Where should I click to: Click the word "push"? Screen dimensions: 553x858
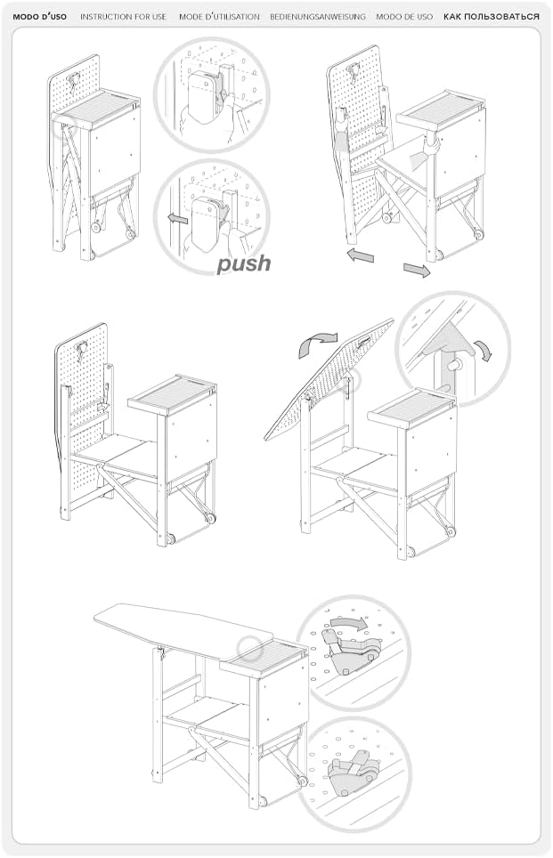tap(244, 263)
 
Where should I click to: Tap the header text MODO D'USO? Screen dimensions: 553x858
tap(39, 17)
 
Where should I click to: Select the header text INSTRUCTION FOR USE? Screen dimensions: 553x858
tap(123, 17)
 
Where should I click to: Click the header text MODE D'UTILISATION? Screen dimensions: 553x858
tap(219, 17)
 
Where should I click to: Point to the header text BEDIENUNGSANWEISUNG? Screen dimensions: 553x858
tap(318, 17)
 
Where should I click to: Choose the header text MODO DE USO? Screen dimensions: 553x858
tap(404, 17)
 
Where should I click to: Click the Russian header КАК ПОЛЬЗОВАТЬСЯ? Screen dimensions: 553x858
tap(492, 17)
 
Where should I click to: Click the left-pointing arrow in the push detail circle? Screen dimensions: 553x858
tap(177, 220)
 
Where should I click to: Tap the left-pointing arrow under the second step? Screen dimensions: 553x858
tap(360, 255)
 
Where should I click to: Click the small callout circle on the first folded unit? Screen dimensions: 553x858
tap(63, 126)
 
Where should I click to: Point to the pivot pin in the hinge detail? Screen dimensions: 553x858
tap(454, 364)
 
